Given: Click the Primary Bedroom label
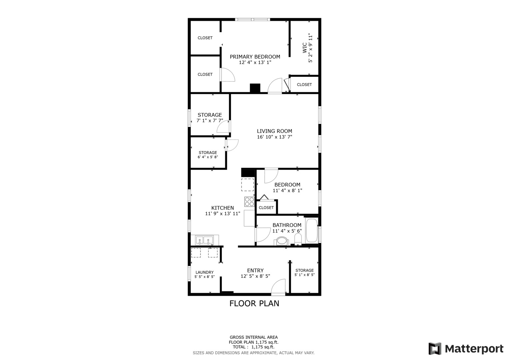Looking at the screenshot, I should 255,57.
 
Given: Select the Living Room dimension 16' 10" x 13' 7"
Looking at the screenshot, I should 274,137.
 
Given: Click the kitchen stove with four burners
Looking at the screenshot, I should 249,202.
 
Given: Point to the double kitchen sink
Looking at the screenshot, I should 204,240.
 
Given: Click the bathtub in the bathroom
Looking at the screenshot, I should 312,230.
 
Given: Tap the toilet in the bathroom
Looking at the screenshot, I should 298,239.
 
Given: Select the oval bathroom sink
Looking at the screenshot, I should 282,241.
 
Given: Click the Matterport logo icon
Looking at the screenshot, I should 435,349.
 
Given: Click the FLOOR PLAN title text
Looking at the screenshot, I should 254,303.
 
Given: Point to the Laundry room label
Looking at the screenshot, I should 204,272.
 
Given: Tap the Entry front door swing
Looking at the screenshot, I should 278,287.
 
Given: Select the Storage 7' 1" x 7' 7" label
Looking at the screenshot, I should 210,115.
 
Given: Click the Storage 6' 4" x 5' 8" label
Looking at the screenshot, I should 208,153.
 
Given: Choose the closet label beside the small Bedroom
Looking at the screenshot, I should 266,208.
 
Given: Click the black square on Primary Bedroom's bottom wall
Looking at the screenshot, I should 255,88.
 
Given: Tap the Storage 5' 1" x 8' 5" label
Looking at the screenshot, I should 304,270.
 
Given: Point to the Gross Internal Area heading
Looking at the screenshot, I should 253,337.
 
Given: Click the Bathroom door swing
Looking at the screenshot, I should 263,235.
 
